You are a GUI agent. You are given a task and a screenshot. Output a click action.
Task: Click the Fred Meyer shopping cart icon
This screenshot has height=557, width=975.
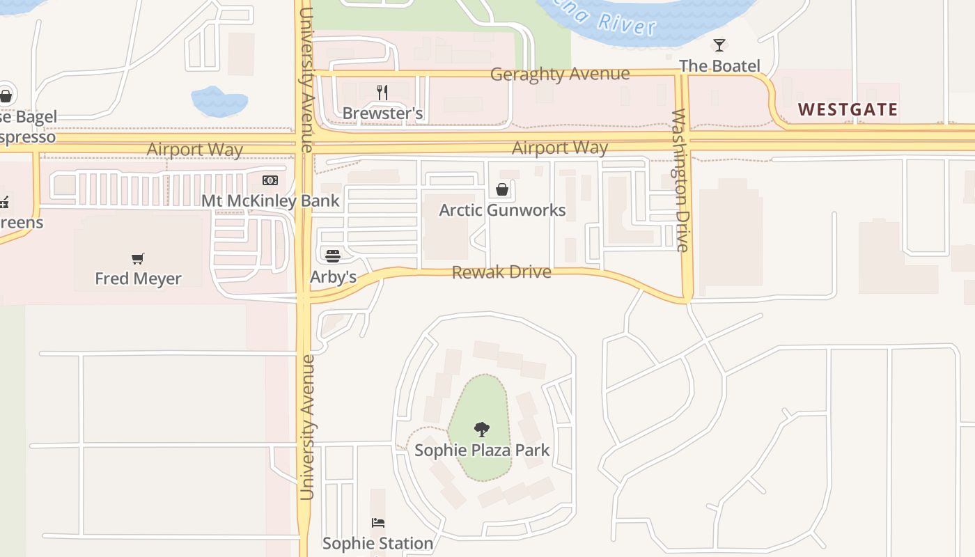point(138,258)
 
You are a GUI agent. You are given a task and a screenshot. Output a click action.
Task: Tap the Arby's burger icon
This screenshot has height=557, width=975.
point(333,256)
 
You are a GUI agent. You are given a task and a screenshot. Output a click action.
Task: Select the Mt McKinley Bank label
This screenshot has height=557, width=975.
point(270,201)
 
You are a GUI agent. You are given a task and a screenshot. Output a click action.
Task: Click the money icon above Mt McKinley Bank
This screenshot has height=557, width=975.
point(270,180)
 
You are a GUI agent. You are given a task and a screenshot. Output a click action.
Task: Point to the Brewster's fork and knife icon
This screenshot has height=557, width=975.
point(382,92)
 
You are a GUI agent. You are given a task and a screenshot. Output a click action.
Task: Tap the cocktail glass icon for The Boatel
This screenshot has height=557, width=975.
point(719,45)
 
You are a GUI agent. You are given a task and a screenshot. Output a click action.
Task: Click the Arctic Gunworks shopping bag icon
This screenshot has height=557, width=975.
point(501,189)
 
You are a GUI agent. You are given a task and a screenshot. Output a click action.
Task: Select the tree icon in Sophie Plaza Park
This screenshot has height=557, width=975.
point(481,429)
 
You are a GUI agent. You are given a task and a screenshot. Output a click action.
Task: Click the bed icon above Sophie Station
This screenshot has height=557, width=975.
point(377,522)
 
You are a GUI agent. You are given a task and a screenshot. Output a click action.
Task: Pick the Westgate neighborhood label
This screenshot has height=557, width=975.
point(848,109)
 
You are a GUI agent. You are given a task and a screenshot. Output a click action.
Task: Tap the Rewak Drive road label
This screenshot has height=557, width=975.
point(501,272)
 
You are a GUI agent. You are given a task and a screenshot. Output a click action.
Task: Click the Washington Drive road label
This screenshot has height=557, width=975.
point(681,180)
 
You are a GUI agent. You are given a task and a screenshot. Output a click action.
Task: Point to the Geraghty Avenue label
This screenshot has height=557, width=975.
point(560,74)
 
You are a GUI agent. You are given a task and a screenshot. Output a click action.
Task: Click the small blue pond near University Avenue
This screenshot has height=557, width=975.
point(219,102)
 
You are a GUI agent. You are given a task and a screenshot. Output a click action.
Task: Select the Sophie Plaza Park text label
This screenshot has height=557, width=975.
point(482,450)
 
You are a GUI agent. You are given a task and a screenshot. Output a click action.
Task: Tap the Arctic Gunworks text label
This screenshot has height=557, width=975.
point(501,210)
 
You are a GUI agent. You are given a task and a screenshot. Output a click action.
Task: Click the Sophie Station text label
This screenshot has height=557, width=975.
point(377,543)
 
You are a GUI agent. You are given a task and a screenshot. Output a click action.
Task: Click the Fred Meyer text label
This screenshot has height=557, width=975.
point(138,278)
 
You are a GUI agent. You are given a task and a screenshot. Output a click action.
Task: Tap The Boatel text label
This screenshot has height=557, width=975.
point(719,66)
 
